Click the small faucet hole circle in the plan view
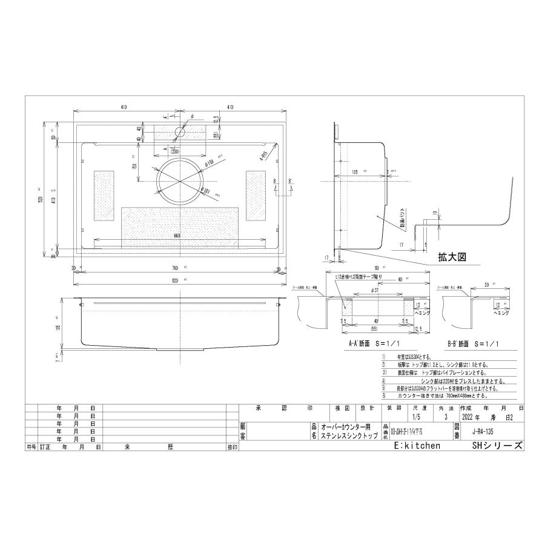click(180, 131)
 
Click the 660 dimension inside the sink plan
click(177, 236)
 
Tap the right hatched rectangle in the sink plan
click(255, 195)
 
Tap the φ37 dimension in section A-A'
click(377, 290)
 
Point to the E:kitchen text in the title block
click(417, 445)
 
